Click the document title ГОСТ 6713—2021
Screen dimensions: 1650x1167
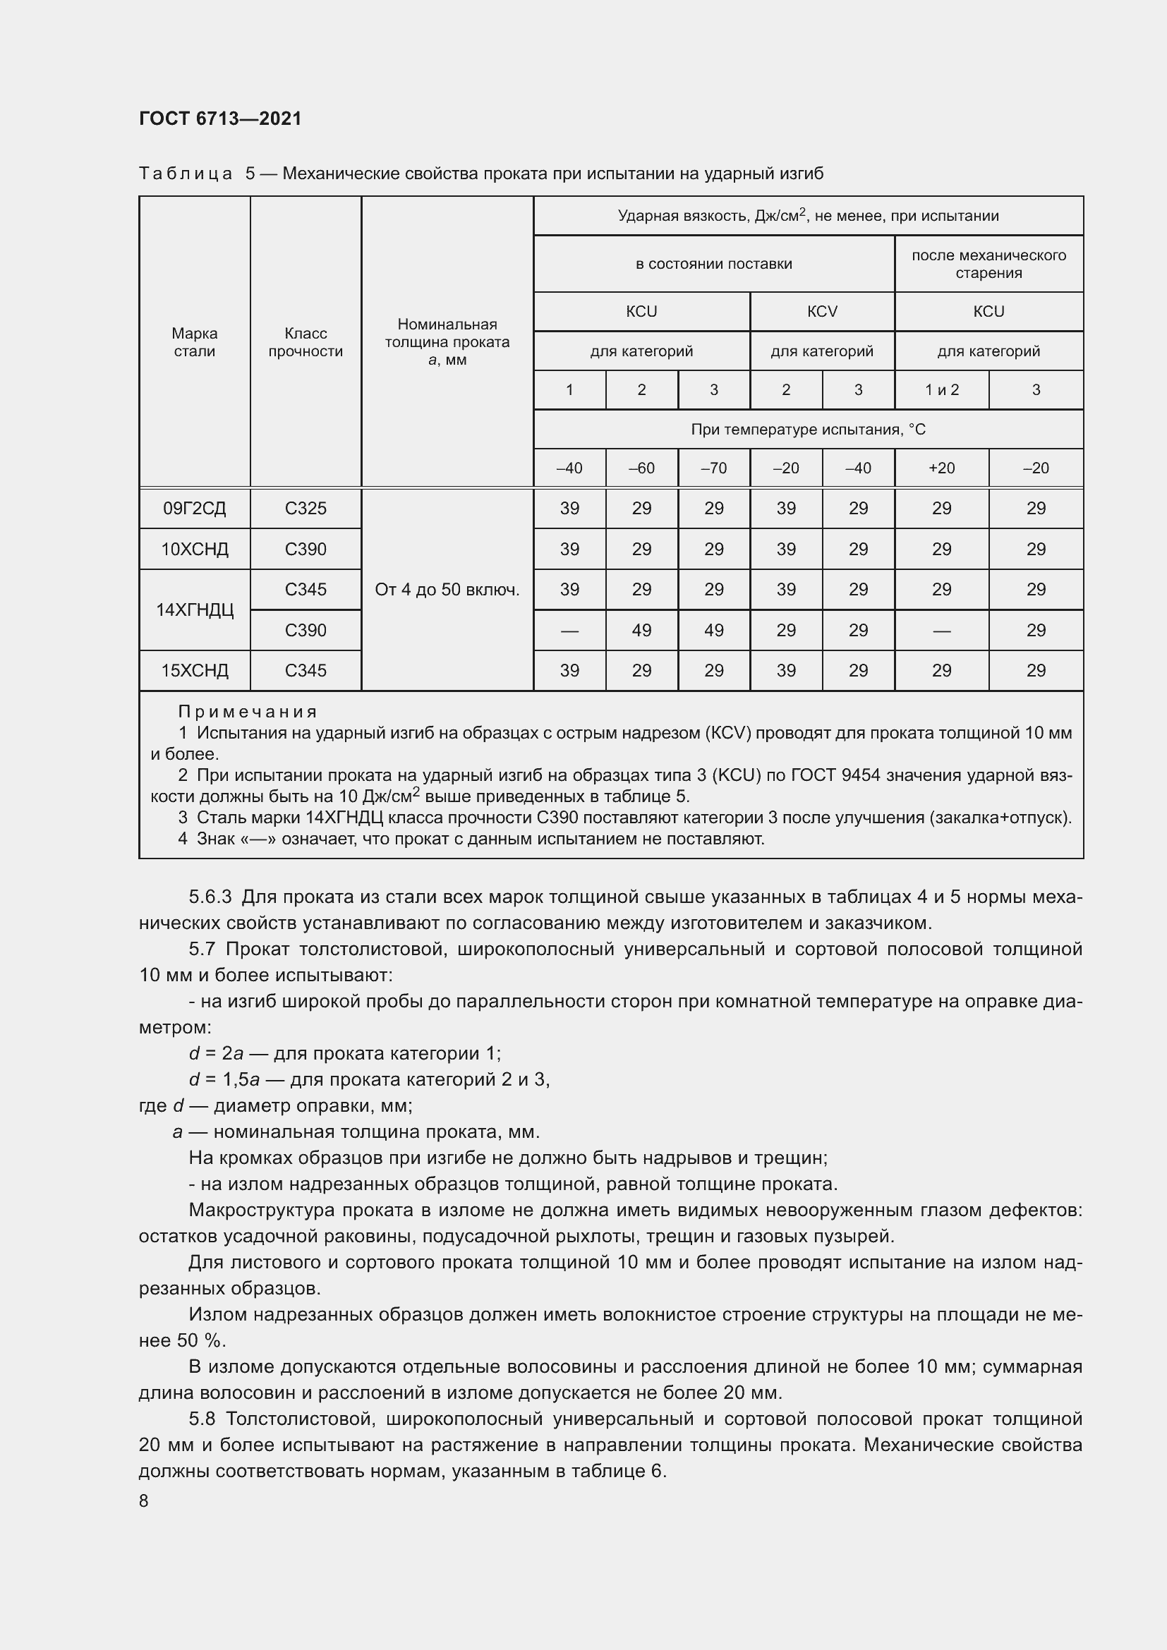pyautogui.click(x=220, y=119)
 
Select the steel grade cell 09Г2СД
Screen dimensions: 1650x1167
pyautogui.click(x=194, y=509)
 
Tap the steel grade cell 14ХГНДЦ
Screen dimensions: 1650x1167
pyautogui.click(x=194, y=610)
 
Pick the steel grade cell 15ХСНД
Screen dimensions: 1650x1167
pyautogui.click(x=194, y=670)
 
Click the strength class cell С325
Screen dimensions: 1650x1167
pyautogui.click(x=306, y=509)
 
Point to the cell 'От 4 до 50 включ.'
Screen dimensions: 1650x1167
pyautogui.click(x=447, y=590)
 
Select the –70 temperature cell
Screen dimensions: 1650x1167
pyautogui.click(x=713, y=468)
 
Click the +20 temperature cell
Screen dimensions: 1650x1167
pyautogui.click(x=941, y=468)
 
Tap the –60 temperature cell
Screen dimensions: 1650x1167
pyautogui.click(x=641, y=468)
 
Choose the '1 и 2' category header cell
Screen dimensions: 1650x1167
pyautogui.click(x=941, y=390)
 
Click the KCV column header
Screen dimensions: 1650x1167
pyautogui.click(x=822, y=311)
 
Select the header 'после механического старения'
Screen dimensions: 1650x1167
pyautogui.click(x=988, y=264)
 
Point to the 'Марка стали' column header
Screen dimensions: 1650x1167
pyautogui.click(x=194, y=342)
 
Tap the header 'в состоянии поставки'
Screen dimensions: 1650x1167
pyautogui.click(x=713, y=264)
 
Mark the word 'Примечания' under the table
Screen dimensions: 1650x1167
pyautogui.click(x=247, y=712)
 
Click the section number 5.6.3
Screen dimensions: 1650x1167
pyautogui.click(x=210, y=897)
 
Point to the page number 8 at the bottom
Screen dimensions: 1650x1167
pyautogui.click(x=144, y=1501)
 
